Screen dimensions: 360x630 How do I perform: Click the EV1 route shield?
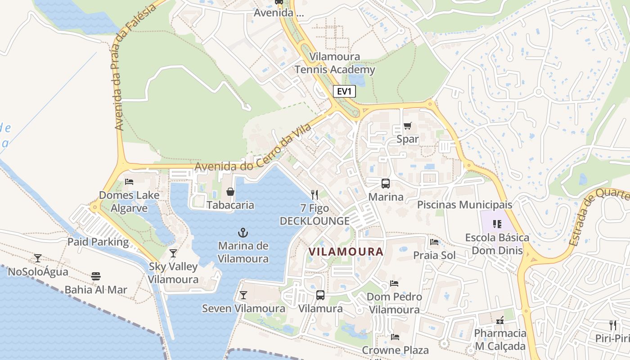(x=345, y=91)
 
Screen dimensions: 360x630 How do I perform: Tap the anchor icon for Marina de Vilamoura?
(x=243, y=233)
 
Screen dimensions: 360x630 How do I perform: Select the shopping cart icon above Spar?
(x=408, y=126)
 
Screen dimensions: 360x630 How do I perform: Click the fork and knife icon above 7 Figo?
(x=315, y=194)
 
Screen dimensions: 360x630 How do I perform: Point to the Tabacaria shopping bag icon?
(x=230, y=192)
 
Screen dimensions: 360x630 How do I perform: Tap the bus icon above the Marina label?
(x=386, y=184)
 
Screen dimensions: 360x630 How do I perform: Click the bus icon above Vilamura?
(x=320, y=295)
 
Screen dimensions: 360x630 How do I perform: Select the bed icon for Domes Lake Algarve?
(x=129, y=182)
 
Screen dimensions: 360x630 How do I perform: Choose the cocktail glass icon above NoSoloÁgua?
(x=38, y=258)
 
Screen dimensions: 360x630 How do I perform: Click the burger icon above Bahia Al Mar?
(x=96, y=276)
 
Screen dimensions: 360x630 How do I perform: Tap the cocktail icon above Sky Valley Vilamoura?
(x=173, y=253)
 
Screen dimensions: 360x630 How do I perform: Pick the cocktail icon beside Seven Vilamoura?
(x=243, y=295)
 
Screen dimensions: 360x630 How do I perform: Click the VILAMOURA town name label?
(x=346, y=252)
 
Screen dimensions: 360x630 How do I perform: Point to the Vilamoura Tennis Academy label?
(x=335, y=63)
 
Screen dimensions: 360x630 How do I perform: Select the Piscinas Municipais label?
(x=464, y=205)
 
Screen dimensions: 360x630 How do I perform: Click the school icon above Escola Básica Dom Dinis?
(x=497, y=224)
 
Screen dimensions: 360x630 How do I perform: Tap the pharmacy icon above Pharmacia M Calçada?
(x=499, y=320)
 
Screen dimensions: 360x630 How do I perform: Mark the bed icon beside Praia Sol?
(x=434, y=242)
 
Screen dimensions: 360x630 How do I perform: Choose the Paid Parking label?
(x=98, y=242)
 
